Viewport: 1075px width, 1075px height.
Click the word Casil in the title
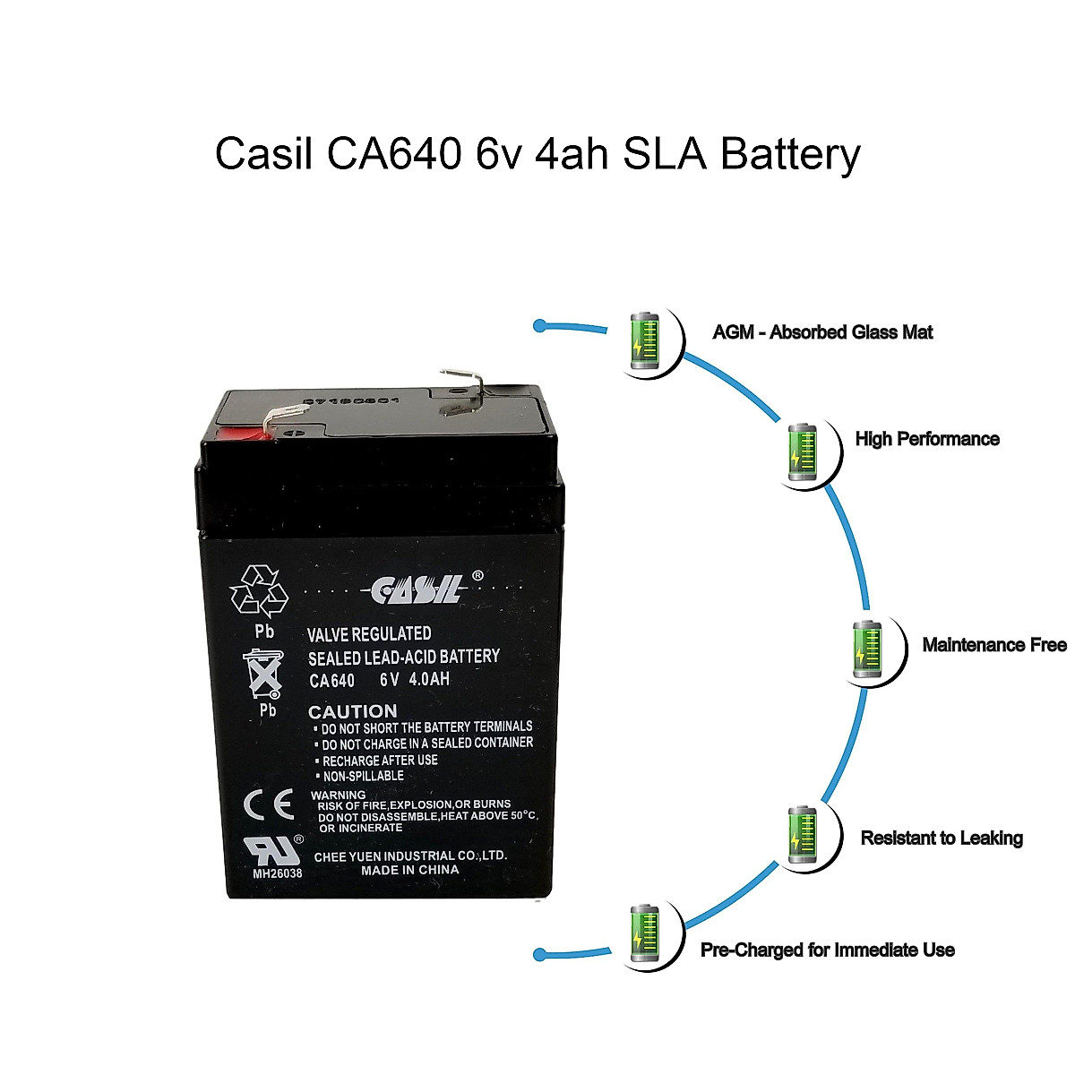point(264,154)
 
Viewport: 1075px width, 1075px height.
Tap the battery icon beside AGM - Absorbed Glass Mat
point(644,340)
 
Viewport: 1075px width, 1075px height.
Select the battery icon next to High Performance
point(800,450)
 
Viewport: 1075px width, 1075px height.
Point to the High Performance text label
point(927,439)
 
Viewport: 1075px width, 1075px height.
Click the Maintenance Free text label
point(994,645)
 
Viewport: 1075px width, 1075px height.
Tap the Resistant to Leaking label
point(942,838)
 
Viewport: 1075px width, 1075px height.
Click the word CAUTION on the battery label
point(352,712)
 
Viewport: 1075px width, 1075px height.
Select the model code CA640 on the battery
point(331,680)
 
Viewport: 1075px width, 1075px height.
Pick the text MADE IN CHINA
point(409,870)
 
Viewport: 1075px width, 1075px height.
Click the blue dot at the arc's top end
point(539,326)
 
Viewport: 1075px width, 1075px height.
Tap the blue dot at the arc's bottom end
point(539,954)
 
